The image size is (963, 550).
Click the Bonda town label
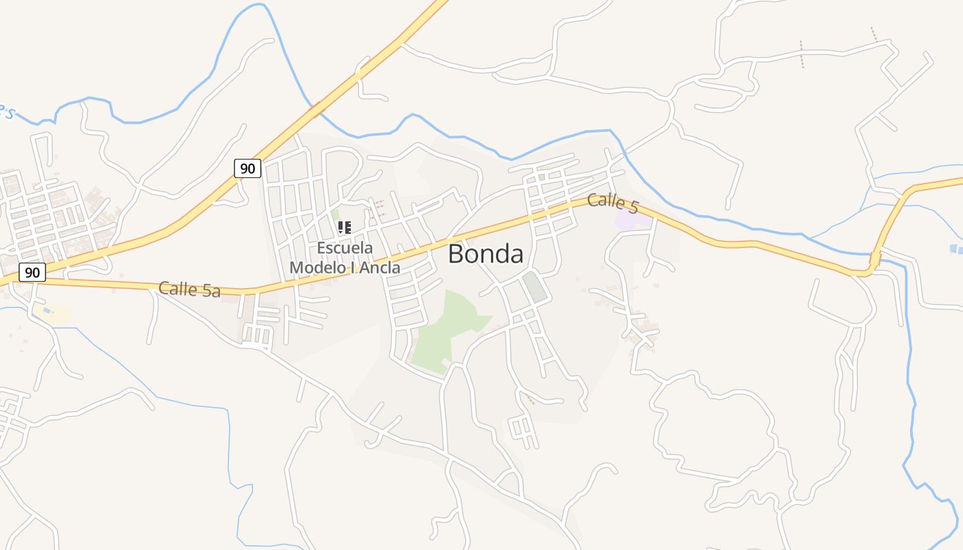tap(485, 254)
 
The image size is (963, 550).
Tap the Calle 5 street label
tap(613, 203)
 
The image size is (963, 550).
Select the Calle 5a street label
tap(189, 289)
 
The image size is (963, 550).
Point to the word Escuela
tap(345, 247)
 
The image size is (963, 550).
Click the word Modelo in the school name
tap(318, 267)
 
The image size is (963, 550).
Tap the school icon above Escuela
tap(345, 227)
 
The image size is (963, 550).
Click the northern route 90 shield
tap(248, 168)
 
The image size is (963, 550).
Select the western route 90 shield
tap(32, 272)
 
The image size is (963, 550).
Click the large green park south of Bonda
tap(447, 330)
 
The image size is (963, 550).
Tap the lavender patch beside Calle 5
tap(631, 220)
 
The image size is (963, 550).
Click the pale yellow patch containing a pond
tap(52, 313)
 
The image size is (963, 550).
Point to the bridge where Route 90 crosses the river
tap(317, 109)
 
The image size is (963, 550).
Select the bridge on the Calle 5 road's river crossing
tap(875, 261)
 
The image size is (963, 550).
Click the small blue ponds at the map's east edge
tap(955, 249)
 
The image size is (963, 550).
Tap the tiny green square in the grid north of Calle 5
tap(541, 177)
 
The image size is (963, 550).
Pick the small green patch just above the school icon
tap(336, 214)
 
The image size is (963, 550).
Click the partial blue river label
tap(6, 111)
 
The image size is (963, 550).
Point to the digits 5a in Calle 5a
tap(210, 291)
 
